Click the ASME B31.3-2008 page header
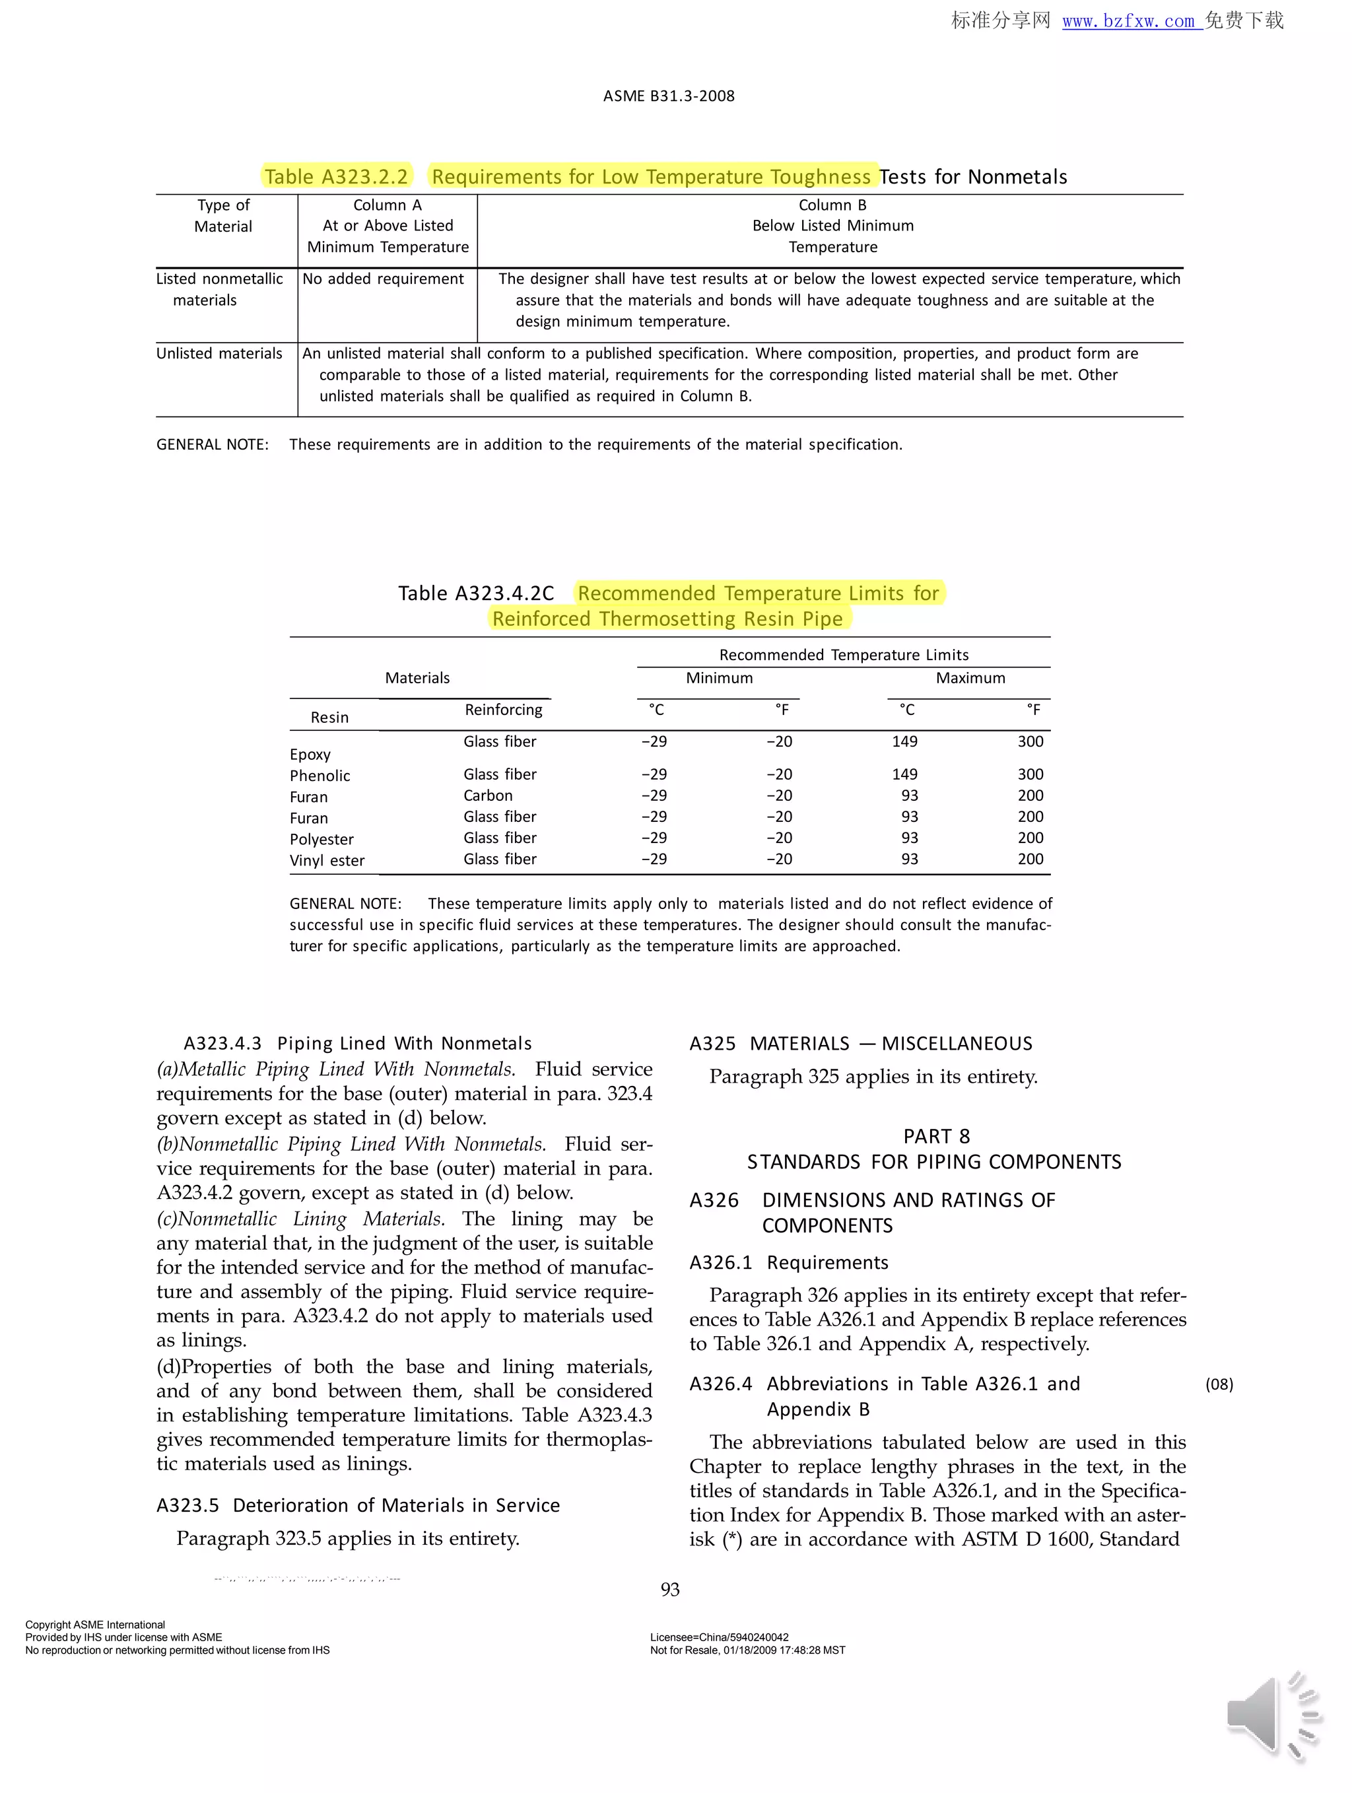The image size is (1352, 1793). [x=669, y=96]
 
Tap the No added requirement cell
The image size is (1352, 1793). [x=383, y=279]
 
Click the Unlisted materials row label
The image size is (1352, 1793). [x=219, y=353]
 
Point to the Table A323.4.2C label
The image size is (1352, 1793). [x=476, y=593]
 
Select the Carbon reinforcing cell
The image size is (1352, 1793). [x=488, y=795]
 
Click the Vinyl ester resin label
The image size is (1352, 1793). [x=327, y=861]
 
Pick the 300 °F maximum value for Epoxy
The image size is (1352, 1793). [x=1031, y=741]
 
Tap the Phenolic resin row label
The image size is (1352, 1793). [x=320, y=776]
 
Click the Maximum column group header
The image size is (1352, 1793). [x=970, y=677]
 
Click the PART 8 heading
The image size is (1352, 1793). [x=936, y=1135]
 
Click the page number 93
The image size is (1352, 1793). [x=669, y=1590]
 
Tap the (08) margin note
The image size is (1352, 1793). [x=1219, y=1384]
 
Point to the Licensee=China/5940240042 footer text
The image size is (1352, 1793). [x=719, y=1637]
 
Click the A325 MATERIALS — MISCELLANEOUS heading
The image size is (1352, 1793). [x=861, y=1043]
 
